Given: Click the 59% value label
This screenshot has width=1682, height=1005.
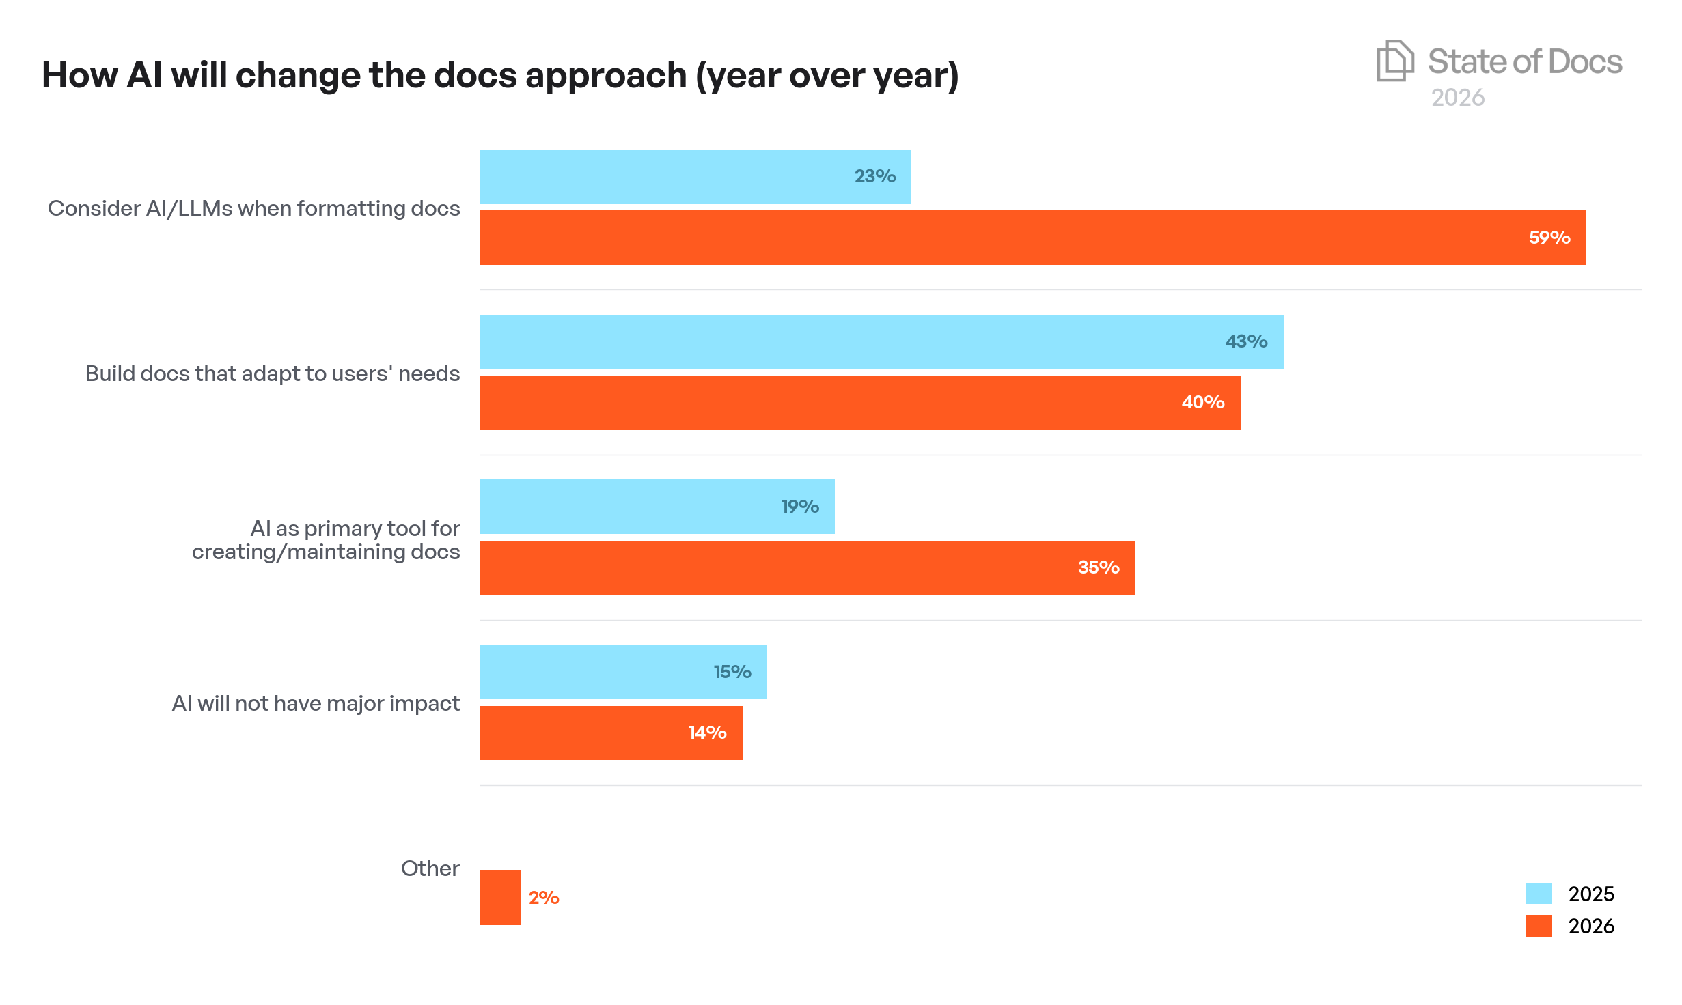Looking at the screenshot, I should click(x=1549, y=238).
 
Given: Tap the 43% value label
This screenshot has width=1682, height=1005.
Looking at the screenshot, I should click(x=1245, y=341).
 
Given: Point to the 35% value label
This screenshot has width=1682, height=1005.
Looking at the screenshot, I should click(x=1098, y=567).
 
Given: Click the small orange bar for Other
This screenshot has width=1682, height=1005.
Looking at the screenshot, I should click(x=499, y=898).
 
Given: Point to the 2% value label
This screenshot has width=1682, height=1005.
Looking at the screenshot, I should click(x=544, y=898).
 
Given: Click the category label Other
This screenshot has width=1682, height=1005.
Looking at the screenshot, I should click(x=430, y=868).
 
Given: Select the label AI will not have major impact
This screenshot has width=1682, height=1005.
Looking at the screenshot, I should click(x=316, y=703).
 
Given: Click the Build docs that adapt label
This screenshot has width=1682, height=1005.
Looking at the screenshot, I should click(x=273, y=373).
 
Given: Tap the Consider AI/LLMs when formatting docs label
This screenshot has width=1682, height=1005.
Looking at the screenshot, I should click(x=253, y=208).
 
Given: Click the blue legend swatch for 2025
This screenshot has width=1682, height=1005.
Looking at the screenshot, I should click(x=1538, y=893).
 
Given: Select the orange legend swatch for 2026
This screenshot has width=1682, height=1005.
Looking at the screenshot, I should click(x=1538, y=926).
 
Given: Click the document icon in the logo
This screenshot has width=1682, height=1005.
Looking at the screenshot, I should click(x=1394, y=61).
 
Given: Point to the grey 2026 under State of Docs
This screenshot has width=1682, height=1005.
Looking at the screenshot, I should click(x=1457, y=98).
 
